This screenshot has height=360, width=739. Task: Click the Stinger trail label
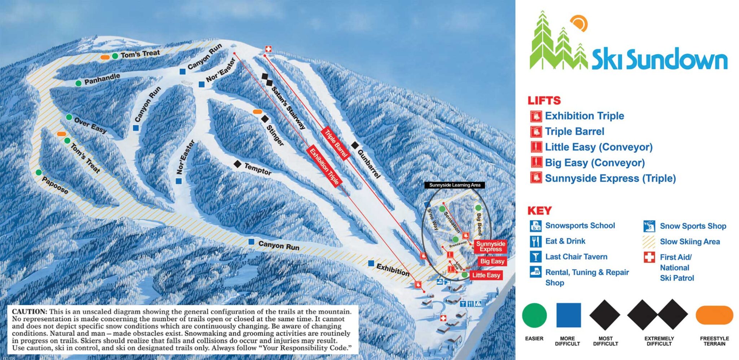coord(275,135)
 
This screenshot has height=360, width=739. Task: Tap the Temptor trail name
coord(258,168)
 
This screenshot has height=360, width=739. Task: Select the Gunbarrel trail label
coord(369,164)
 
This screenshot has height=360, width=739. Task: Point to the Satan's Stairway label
coord(288,108)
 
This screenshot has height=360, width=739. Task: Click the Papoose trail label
coord(55,185)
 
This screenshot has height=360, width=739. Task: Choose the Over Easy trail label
coord(90,125)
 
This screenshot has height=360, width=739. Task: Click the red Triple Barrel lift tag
coord(336,143)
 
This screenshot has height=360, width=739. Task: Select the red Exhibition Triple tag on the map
coord(324,166)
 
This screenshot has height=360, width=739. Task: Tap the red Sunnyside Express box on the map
coord(490,246)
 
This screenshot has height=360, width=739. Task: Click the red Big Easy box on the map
coord(492,261)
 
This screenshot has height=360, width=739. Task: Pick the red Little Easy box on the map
coord(486,275)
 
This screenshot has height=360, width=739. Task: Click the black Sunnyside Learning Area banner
coord(455,185)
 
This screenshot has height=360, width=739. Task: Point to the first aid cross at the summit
coord(268,49)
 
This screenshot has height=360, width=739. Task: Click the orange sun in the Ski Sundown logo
coord(580,23)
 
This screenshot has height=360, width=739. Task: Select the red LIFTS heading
coord(544,101)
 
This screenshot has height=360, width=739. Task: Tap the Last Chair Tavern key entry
coord(576,257)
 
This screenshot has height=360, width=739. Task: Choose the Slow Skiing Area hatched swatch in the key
coord(649,242)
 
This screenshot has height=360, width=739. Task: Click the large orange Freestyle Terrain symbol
coord(714,315)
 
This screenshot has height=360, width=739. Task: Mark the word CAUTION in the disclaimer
coord(30,312)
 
